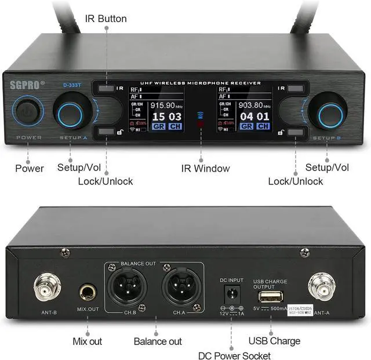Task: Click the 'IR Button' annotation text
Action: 106,19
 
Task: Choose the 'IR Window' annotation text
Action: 203,168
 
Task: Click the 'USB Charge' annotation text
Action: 274,340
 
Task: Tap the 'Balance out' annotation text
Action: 158,341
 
